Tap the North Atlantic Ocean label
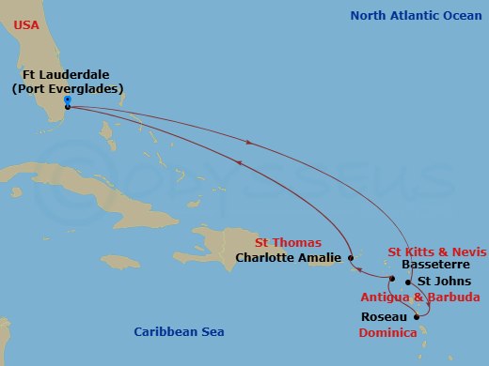point(415,16)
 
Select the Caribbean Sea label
point(180,331)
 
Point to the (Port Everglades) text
point(70,88)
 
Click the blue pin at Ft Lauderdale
point(67,99)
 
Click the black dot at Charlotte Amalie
point(350,257)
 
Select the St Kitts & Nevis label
point(437,252)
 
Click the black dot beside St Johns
point(407,281)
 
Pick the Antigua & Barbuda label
point(438,297)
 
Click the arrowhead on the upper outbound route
point(248,142)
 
